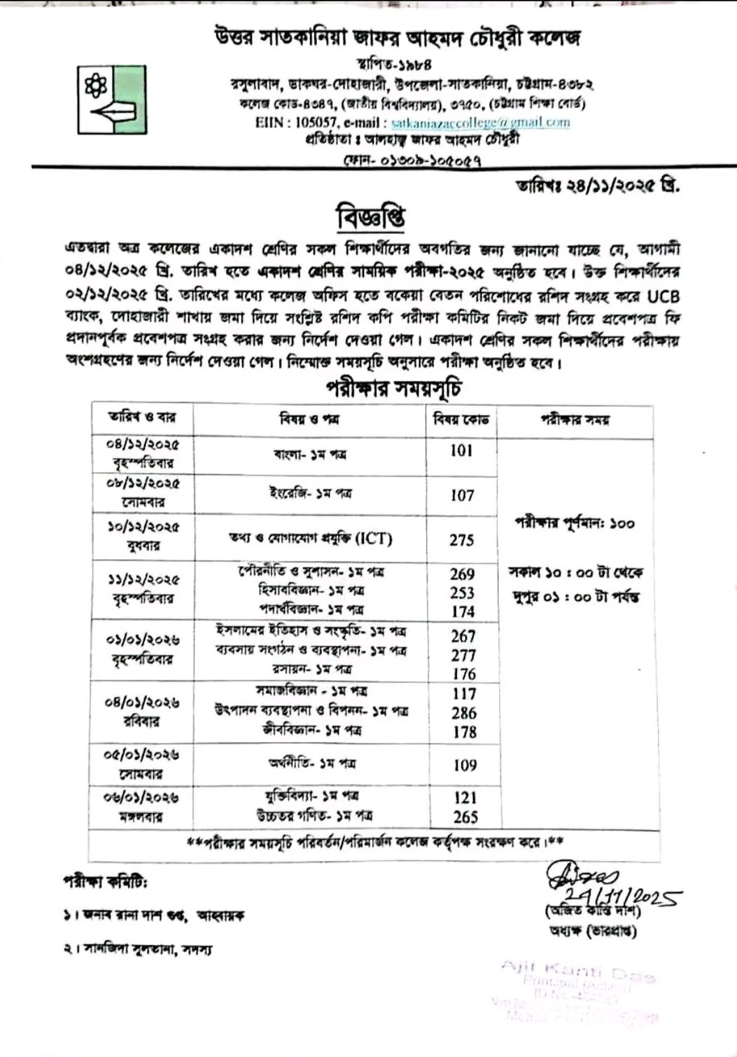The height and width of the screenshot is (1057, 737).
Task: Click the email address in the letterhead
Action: pyautogui.click(x=481, y=122)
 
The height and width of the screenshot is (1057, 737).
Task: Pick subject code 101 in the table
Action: pyautogui.click(x=462, y=450)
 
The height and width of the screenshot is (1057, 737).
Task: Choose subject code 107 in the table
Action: pyautogui.click(x=462, y=495)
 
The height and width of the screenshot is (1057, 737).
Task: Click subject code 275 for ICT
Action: pyautogui.click(x=462, y=540)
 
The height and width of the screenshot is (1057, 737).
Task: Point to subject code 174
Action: pyautogui.click(x=463, y=612)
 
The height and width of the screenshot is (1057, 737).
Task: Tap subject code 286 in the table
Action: pyautogui.click(x=464, y=712)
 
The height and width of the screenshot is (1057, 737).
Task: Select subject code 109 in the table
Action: pyautogui.click(x=464, y=765)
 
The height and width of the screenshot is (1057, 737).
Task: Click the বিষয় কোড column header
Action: pyautogui.click(x=462, y=420)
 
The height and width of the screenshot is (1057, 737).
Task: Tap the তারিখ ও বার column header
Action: pyautogui.click(x=142, y=417)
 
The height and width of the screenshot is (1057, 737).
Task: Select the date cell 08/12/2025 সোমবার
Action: pyautogui.click(x=142, y=493)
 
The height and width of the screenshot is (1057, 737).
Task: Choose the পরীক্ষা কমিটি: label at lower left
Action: pyautogui.click(x=105, y=883)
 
